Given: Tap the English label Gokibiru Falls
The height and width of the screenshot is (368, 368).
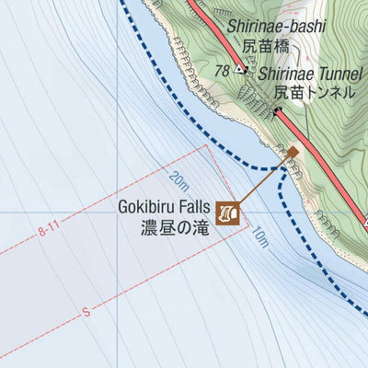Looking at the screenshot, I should pos(164,207).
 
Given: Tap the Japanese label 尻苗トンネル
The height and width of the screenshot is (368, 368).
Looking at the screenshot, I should pos(313,92).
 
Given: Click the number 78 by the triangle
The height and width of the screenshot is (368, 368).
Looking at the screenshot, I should pos(221,69).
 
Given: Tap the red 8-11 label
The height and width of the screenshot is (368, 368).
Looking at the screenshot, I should pos(52,236).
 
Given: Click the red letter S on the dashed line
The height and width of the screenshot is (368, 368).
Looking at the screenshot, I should pos(86,313).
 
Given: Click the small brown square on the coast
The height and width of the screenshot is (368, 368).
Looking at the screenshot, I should pos(293,152).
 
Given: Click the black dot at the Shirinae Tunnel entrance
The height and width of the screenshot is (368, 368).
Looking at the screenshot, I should pos(276,112).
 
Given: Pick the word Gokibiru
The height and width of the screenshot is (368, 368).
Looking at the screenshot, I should pos(147,207).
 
